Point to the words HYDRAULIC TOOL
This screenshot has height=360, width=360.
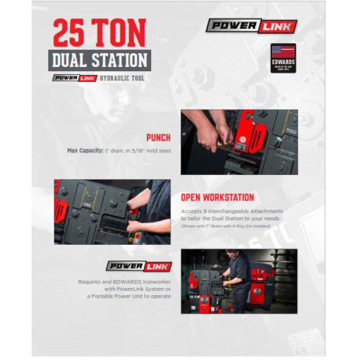122,78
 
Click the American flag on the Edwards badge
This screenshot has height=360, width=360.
284,52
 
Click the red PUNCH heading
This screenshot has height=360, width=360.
160,137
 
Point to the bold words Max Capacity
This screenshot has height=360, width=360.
83,150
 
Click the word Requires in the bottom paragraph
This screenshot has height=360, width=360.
91,281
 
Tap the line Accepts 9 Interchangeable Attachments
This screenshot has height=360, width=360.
233,210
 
